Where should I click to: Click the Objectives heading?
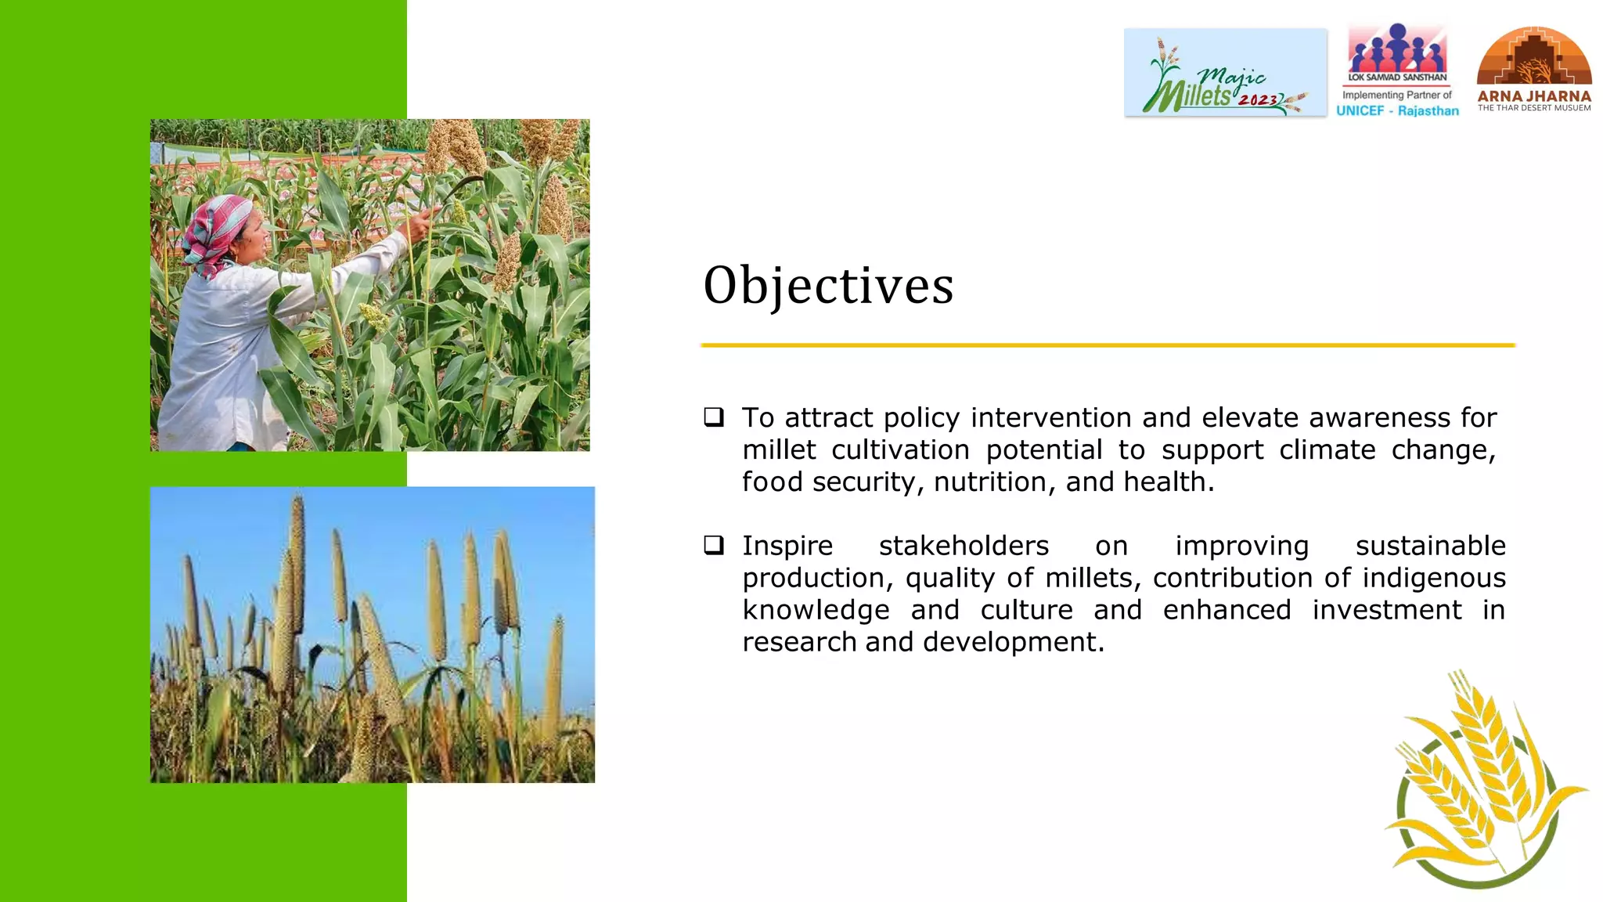828,286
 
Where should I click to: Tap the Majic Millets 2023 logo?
1225,73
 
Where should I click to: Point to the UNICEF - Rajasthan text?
1397,110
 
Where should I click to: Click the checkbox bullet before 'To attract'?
713,417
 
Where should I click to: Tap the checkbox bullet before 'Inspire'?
713,544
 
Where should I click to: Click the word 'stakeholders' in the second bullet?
964,546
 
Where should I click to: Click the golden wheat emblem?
1483,783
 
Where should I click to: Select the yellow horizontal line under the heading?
1108,345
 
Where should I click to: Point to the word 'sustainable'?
1430,546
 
